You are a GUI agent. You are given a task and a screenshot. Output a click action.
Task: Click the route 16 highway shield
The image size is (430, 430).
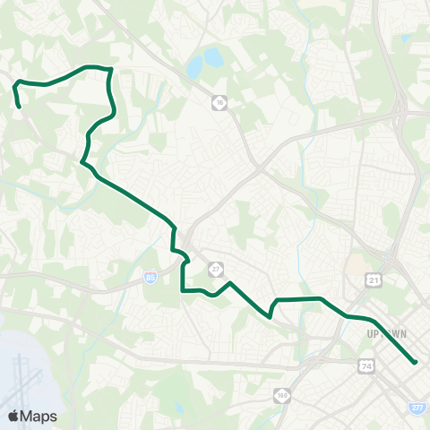coord(219,104)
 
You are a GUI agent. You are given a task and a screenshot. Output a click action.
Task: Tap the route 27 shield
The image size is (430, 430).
coord(216,269)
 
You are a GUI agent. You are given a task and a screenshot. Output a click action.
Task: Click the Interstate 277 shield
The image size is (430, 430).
coord(417,408)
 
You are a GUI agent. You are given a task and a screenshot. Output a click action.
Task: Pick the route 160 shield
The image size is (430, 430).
coord(284,394)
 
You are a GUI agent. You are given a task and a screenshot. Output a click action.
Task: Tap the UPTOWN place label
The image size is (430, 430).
coord(387,333)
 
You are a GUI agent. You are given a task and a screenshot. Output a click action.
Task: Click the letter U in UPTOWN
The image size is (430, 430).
coord(370,333)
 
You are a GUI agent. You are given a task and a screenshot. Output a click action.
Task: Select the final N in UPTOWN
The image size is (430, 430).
coord(404,333)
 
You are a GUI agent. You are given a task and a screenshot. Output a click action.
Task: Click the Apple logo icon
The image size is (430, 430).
coord(13,416)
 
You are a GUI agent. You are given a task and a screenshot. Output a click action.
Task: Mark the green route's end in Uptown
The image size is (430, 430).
coord(416,362)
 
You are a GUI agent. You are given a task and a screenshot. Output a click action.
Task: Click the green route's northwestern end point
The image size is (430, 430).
coord(19,107)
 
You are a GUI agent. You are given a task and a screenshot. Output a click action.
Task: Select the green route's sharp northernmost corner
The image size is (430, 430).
coord(109,69)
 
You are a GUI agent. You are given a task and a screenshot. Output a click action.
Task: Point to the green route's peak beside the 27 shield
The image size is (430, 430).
coord(231,283)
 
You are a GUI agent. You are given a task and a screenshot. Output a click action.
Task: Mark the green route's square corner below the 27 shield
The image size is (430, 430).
coord(184,290)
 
